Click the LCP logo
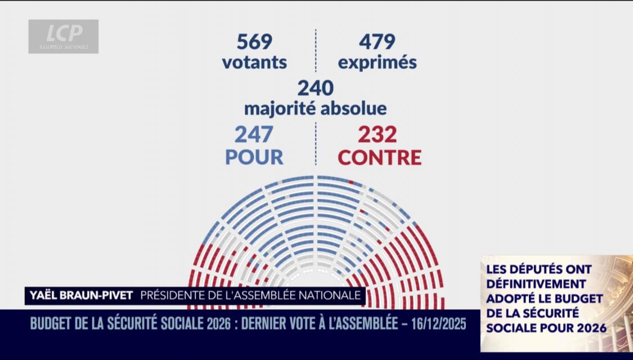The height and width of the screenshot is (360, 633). (x=63, y=36)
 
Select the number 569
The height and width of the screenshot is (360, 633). (x=254, y=42)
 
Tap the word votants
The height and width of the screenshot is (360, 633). (x=254, y=62)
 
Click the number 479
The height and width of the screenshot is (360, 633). (x=377, y=42)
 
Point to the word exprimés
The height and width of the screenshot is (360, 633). (x=377, y=62)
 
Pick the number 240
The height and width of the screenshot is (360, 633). (x=315, y=88)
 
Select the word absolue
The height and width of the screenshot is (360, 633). (x=354, y=107)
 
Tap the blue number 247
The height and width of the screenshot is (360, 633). (x=254, y=134)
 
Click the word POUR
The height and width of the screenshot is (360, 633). (x=254, y=157)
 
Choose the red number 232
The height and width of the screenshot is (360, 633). (x=378, y=134)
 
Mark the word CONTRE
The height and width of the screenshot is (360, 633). (x=380, y=157)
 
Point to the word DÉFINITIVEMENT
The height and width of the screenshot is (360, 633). (x=536, y=283)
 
